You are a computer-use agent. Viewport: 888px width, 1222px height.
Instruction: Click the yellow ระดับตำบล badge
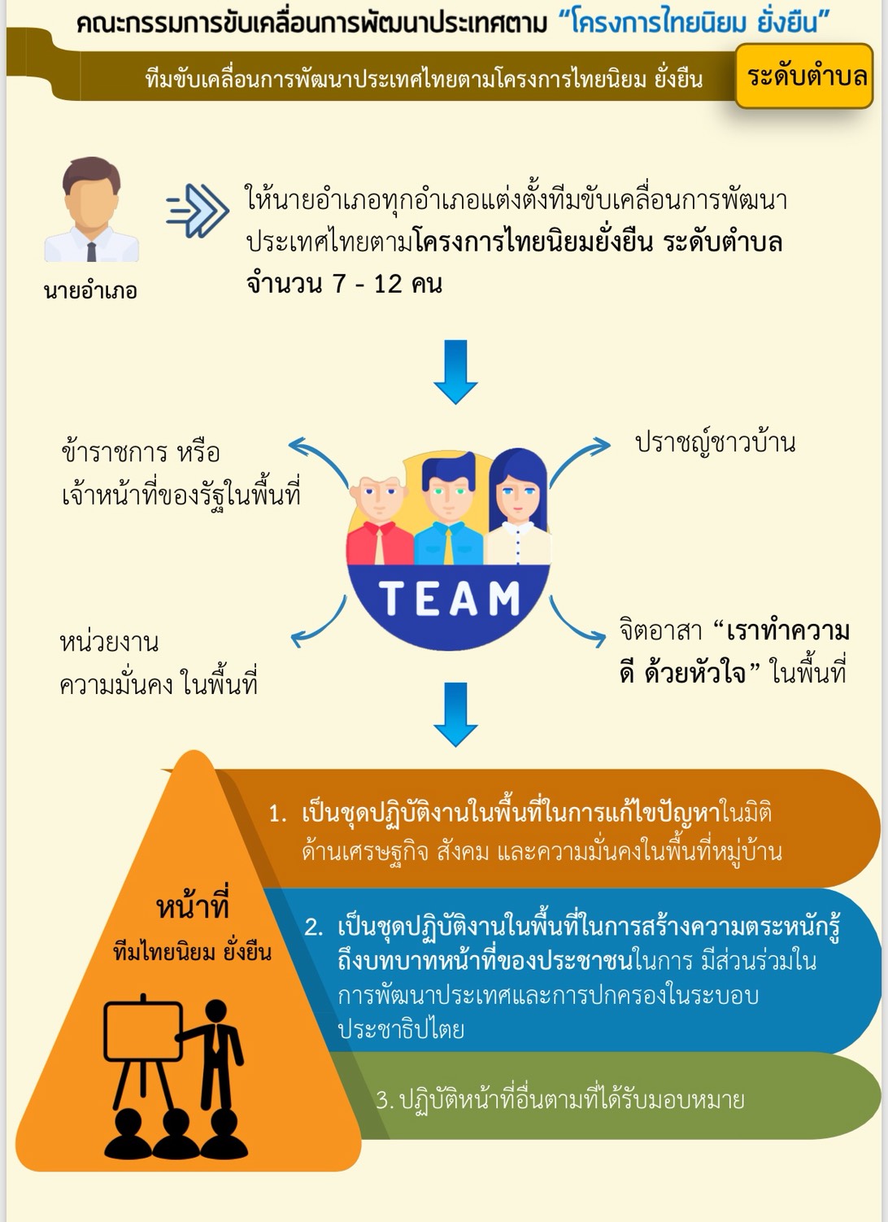804,76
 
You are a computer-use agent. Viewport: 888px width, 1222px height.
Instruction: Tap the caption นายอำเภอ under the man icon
90,290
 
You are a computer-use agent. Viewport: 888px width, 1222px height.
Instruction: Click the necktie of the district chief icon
92,251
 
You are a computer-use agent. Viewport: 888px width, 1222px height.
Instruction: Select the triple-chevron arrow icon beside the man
198,211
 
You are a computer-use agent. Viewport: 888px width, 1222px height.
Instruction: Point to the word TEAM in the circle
449,599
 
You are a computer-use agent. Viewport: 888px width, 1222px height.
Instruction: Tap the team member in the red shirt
380,521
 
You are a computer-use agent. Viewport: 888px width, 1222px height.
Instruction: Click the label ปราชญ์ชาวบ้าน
715,443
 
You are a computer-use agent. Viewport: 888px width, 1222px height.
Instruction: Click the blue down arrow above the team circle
455,372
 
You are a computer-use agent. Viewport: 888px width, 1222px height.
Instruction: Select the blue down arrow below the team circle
455,714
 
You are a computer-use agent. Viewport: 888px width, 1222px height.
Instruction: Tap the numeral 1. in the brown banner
277,814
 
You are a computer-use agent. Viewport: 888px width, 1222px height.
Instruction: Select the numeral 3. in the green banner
385,1100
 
